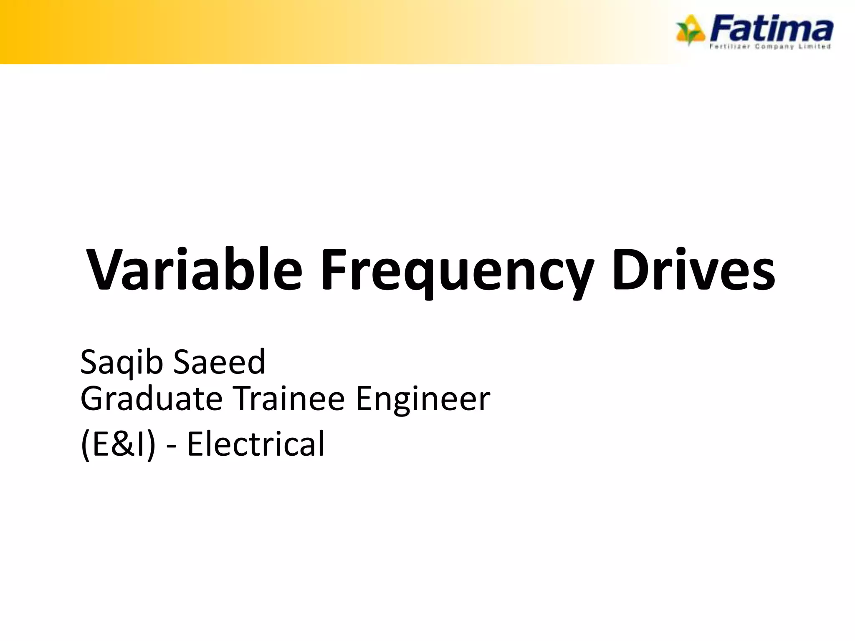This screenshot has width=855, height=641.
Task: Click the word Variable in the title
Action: [194, 269]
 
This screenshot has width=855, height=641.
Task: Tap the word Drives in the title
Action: [693, 269]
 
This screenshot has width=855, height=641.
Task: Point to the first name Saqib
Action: [121, 362]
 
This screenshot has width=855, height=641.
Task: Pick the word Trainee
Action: [288, 399]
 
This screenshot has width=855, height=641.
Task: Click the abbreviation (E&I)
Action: [118, 444]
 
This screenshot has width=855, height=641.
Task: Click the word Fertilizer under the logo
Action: [730, 47]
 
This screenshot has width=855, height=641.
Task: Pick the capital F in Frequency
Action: [334, 269]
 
